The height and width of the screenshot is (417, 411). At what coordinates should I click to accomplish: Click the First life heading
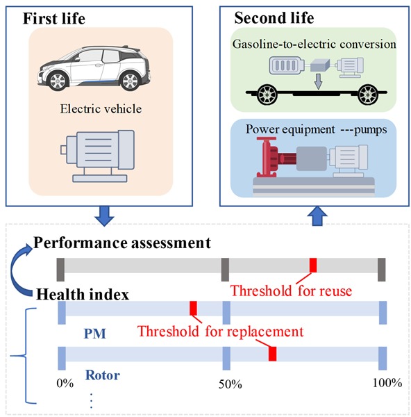coord(54,19)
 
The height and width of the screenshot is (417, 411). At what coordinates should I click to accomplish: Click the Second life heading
coord(274,18)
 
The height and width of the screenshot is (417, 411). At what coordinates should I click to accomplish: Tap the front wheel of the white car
coord(58,81)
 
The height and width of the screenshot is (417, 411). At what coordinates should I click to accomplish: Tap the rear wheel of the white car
coord(130,81)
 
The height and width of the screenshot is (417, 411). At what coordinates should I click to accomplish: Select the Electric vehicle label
coord(101,109)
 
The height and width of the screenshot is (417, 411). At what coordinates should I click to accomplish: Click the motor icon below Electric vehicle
coord(97,156)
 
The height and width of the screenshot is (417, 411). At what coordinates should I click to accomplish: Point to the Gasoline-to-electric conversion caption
coord(314,44)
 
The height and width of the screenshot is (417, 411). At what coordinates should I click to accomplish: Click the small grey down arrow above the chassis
coord(318,81)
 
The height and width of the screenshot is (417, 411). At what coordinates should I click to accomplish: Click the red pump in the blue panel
coord(276,157)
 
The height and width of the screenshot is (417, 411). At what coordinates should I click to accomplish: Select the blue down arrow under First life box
coord(104,216)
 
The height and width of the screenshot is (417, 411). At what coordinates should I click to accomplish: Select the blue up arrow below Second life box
coord(317,216)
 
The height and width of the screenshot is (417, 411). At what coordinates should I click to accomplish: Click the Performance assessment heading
coord(122,243)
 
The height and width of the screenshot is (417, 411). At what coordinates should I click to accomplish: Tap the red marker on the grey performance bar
coord(313,265)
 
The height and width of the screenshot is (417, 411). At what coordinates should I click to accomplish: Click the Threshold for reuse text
coord(291,291)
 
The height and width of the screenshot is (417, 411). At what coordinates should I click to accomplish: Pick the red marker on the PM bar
coord(194,308)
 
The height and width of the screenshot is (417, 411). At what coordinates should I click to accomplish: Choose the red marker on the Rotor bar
coord(272,354)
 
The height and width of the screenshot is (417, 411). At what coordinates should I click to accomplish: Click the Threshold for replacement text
coord(220,332)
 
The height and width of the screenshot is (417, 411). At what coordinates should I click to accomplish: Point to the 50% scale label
coord(230,384)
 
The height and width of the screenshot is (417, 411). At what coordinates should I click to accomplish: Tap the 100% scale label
coord(387,383)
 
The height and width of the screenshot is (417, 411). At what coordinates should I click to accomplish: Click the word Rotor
coord(102,375)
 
